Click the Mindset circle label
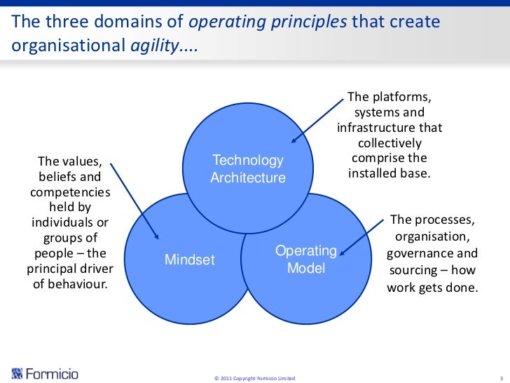tap(189, 260)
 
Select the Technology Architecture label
tap(248, 169)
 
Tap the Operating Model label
tap(306, 260)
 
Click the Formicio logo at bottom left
tap(46, 373)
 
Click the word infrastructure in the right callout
tap(381, 128)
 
